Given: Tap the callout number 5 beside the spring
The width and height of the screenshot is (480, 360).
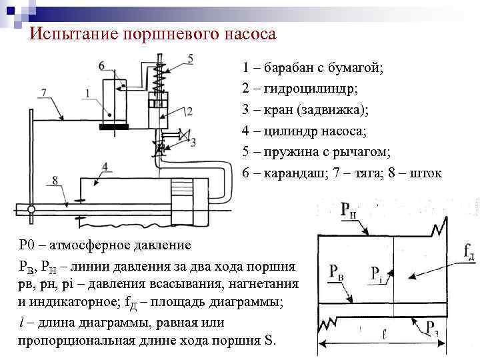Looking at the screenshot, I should (190, 59).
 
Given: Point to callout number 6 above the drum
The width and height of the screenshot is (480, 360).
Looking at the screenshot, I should (101, 65).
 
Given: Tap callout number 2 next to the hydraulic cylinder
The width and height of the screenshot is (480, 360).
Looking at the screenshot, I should (190, 111).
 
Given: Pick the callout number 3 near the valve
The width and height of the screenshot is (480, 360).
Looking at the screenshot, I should (193, 142).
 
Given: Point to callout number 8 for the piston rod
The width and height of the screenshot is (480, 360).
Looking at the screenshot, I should (55, 181).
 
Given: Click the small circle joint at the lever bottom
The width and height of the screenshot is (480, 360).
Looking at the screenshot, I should (31, 209).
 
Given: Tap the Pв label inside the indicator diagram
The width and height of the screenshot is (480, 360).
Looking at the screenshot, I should (336, 272).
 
